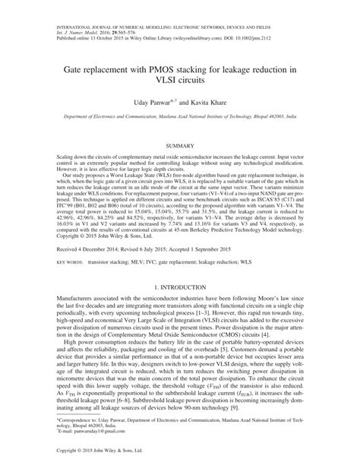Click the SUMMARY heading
(180, 144)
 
